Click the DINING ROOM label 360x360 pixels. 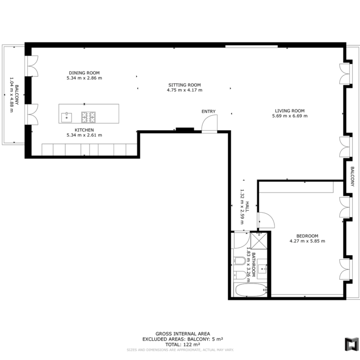click(x=84, y=73)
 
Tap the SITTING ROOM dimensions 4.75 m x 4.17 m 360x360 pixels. click(x=185, y=90)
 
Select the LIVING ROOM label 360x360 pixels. click(x=290, y=111)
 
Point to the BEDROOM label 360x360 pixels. click(x=307, y=236)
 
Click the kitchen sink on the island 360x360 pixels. click(x=66, y=117)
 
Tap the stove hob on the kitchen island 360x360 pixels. click(x=89, y=117)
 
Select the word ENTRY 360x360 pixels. click(x=209, y=111)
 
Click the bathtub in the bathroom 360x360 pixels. click(x=251, y=290)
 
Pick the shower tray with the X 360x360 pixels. click(x=259, y=241)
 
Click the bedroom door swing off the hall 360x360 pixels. click(x=266, y=220)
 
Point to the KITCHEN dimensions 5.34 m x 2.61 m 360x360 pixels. click(x=84, y=135)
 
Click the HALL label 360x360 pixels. click(x=247, y=207)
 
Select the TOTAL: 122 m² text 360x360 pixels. click(x=182, y=344)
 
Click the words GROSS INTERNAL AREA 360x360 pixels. click(x=183, y=334)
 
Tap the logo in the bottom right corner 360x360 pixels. click(x=352, y=344)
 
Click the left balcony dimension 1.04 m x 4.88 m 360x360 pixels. click(x=12, y=95)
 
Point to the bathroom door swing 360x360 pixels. click(x=242, y=240)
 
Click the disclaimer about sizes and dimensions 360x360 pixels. click(x=180, y=350)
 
